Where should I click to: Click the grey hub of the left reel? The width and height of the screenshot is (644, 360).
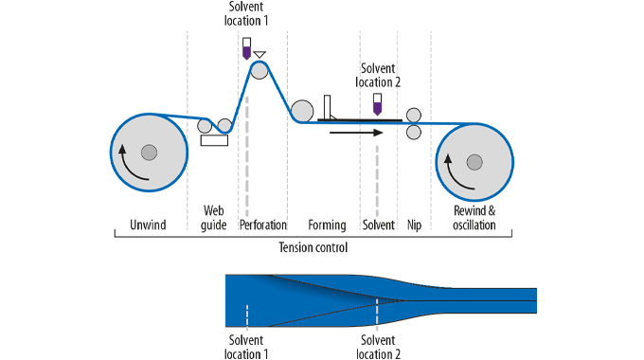click(x=148, y=152)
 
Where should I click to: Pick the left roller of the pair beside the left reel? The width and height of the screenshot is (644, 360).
click(x=204, y=126)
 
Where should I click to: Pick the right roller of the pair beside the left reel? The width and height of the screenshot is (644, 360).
click(x=224, y=123)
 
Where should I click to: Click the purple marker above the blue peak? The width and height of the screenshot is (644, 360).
click(x=246, y=51)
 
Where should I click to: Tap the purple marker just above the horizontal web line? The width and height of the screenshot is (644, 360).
click(x=378, y=107)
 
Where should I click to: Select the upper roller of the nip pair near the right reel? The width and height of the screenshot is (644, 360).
click(x=414, y=116)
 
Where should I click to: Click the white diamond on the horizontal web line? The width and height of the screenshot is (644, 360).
click(x=359, y=127)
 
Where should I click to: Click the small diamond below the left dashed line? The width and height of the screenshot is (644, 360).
click(x=246, y=331)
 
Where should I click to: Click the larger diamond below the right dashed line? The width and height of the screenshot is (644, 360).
click(x=378, y=331)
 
